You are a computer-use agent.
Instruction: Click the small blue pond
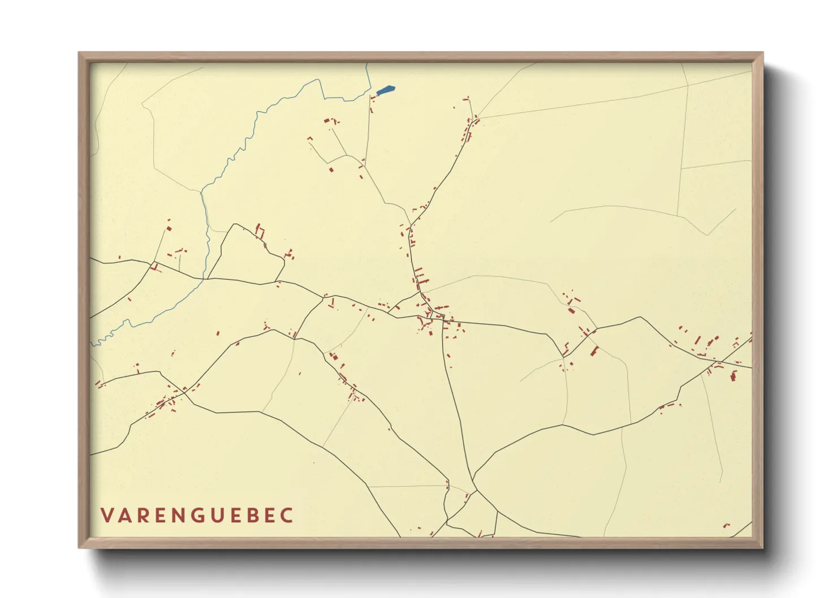[385, 90]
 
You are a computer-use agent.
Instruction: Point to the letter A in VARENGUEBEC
[126, 515]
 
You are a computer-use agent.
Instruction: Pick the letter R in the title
[145, 515]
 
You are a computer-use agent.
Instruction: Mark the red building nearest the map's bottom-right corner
[726, 526]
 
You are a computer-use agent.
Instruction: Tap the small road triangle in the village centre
[439, 315]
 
